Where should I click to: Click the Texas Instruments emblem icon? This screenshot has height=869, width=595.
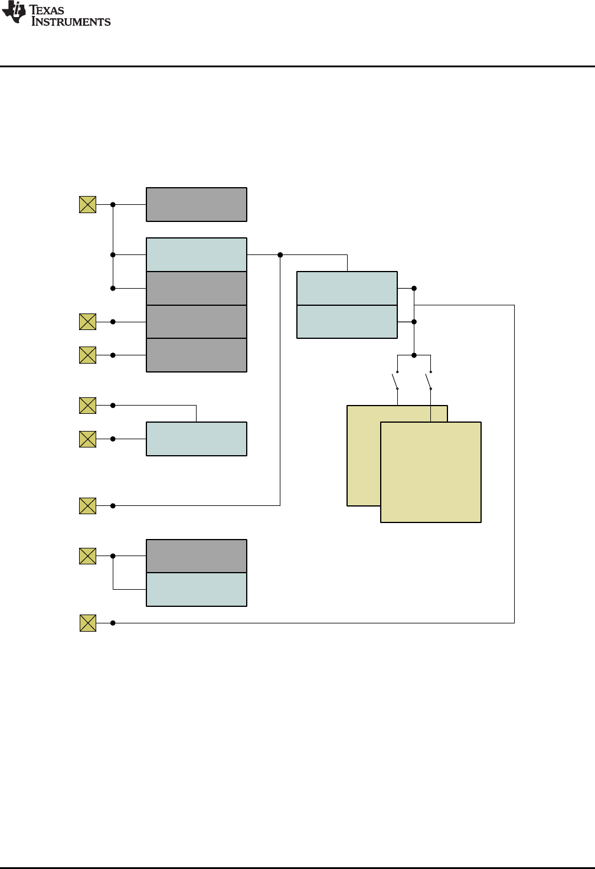click(14, 13)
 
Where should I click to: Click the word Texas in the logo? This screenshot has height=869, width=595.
click(47, 10)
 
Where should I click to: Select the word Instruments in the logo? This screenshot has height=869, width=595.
click(71, 22)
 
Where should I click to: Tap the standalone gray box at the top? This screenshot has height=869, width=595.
click(196, 204)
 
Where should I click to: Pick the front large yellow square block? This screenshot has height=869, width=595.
click(431, 472)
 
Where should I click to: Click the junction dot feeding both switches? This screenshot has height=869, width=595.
click(414, 355)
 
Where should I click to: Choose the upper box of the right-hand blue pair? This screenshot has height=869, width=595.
click(347, 288)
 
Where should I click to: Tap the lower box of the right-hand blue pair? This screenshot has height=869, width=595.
click(347, 322)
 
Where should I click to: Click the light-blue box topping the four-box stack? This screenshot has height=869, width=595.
click(196, 254)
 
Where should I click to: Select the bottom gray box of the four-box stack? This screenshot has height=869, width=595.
click(196, 355)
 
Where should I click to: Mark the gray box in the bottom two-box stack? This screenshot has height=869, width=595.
click(196, 556)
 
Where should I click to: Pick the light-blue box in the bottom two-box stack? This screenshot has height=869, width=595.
click(196, 589)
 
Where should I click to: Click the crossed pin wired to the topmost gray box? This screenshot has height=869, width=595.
click(87, 204)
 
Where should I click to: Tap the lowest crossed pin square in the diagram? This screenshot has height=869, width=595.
click(87, 623)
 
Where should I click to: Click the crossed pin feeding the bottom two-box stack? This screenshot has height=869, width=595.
click(87, 556)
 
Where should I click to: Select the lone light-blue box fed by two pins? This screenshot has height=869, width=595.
click(196, 439)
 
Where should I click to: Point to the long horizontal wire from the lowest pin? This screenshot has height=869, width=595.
click(313, 623)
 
